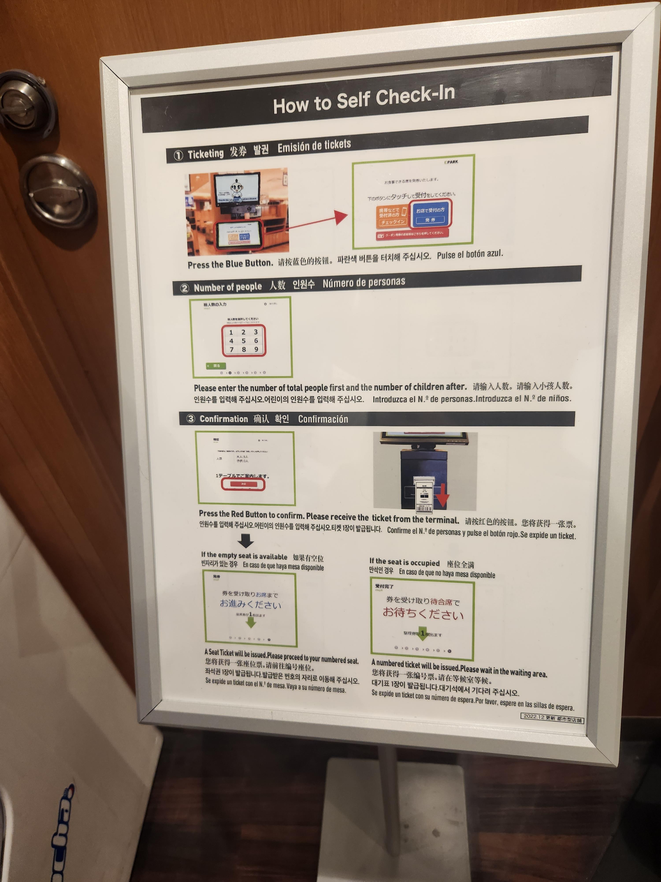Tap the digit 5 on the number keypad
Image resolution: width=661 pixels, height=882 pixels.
[x=243, y=341]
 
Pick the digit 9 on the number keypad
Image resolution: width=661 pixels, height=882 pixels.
[x=256, y=349]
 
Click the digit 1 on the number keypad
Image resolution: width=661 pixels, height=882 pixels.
[x=231, y=332]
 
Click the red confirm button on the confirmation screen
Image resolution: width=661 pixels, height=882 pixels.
[x=243, y=484]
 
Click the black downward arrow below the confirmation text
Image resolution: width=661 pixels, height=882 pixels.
[x=245, y=541]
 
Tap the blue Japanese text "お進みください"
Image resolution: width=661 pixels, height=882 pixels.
[x=251, y=604]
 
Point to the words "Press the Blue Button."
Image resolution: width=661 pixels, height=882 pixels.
[x=230, y=264]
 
